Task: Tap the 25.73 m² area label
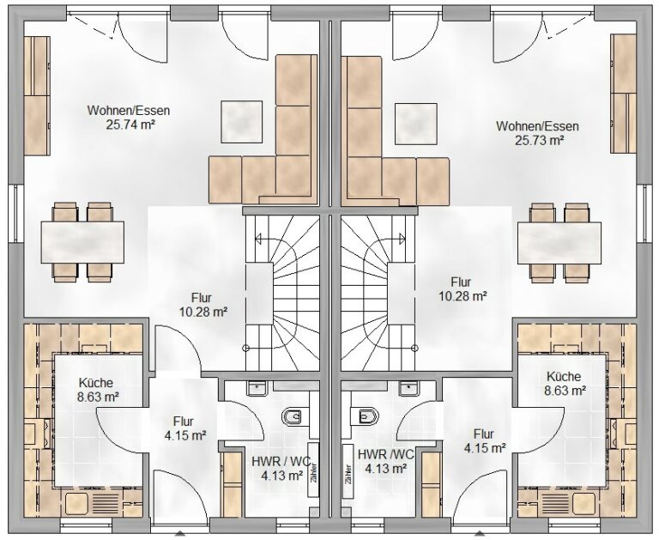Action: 539,140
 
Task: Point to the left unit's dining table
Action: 82,242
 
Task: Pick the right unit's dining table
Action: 559,243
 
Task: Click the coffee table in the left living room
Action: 242,122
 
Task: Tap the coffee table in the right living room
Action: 416,124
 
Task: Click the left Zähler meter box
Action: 313,470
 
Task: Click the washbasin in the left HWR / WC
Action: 257,388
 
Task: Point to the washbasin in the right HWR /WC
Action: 408,389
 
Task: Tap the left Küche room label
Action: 96,383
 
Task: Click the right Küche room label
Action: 564,376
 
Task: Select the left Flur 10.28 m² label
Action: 203,305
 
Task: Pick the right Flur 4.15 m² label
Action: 484,441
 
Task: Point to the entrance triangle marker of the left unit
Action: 181,535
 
